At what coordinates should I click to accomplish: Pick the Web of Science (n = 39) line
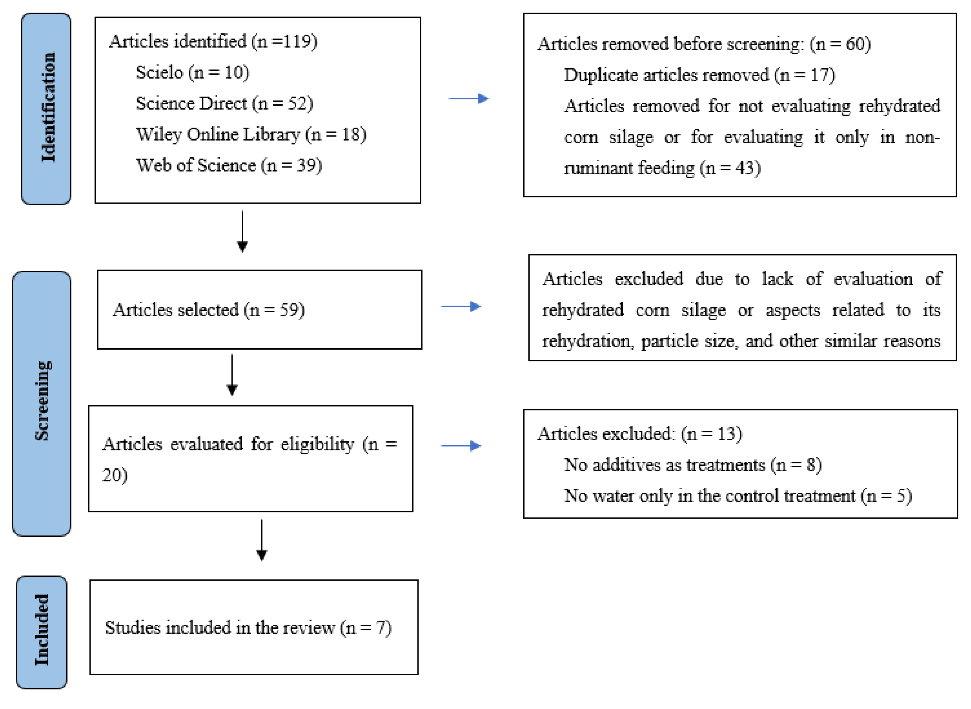(x=229, y=165)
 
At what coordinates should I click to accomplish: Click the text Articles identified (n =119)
(x=213, y=41)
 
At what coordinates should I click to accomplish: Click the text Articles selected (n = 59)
(x=209, y=309)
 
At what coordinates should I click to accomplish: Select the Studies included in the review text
(x=248, y=628)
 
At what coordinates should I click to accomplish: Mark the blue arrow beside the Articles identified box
(x=469, y=99)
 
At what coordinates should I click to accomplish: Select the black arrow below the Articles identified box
(x=242, y=232)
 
